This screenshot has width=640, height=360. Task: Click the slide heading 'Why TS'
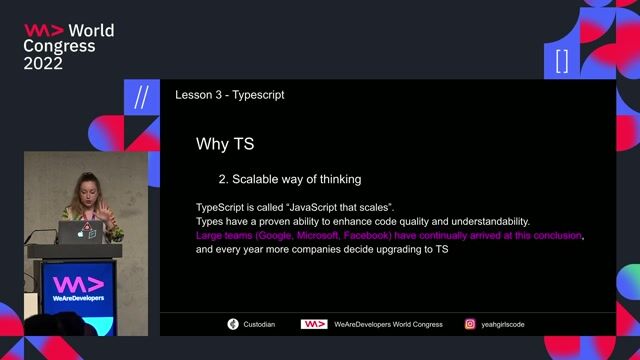pos(225,145)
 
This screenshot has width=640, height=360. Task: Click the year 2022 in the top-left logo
pos(43,63)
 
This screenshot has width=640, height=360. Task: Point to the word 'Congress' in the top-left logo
pos(59,46)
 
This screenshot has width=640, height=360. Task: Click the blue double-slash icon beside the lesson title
pos(141,95)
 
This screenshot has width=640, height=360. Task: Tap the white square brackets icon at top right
pos(561,61)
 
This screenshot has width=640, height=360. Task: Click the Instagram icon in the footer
pos(470,324)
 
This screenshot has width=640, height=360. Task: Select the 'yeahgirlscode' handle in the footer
pos(503,324)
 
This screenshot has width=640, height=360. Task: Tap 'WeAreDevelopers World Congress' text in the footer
pos(386,324)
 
